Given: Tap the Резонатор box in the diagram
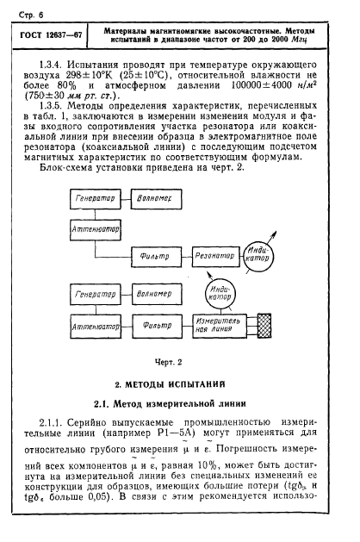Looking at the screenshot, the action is pyautogui.click(x=216, y=255).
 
